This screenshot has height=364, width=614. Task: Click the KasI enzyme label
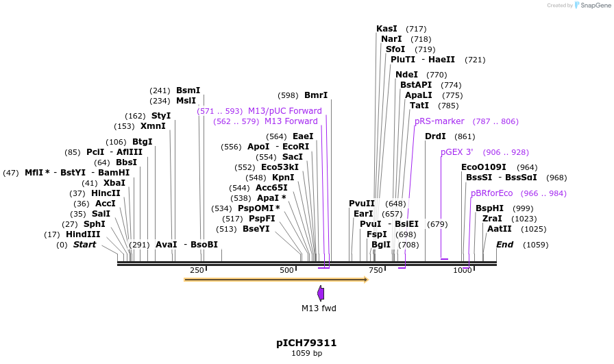click(x=386, y=29)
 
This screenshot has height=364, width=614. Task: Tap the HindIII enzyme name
click(x=83, y=234)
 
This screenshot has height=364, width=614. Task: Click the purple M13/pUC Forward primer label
click(x=284, y=111)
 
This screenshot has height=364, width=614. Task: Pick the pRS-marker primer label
click(x=439, y=121)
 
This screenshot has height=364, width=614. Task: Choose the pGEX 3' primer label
click(x=456, y=152)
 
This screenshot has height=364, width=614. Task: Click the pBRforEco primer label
click(x=491, y=193)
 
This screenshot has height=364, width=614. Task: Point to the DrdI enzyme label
click(x=435, y=136)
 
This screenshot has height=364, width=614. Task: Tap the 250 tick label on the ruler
click(x=197, y=271)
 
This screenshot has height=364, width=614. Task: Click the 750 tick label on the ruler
click(x=375, y=271)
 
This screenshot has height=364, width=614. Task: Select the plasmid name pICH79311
click(x=306, y=342)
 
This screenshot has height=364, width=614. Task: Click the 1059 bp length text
click(x=306, y=354)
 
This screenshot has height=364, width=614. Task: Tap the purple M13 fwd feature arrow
click(x=321, y=293)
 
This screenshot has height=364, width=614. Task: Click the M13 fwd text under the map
click(x=319, y=308)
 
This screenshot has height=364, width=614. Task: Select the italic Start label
click(x=84, y=245)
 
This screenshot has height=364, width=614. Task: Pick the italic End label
click(x=504, y=245)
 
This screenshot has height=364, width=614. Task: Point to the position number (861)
click(x=464, y=136)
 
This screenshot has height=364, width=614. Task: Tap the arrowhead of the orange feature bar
click(x=365, y=280)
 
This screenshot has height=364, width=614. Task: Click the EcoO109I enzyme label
click(x=484, y=167)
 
